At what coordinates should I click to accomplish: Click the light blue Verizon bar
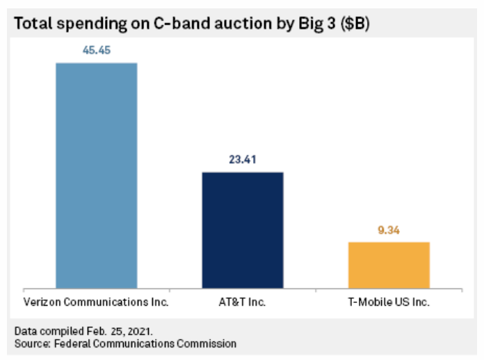coord(96,175)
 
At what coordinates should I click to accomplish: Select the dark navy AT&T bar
coord(243,229)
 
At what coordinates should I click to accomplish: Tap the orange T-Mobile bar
coord(389,265)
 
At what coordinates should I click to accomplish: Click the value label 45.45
coord(96,51)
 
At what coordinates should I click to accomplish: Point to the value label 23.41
coord(243,159)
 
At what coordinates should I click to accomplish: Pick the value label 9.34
coord(389,229)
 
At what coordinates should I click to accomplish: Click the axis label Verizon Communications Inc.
coord(96,303)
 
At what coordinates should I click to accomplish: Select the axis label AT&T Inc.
coord(243,303)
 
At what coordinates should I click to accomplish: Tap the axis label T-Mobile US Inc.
coord(389,303)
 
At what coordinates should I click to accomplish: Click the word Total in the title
coord(33,23)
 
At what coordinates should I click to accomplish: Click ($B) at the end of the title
coord(355,23)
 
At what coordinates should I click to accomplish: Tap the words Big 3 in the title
coord(307,23)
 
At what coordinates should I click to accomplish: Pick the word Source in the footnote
coord(30,343)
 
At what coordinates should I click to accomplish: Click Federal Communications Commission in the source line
coord(144,343)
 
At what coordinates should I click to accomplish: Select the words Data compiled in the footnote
coord(44,330)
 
